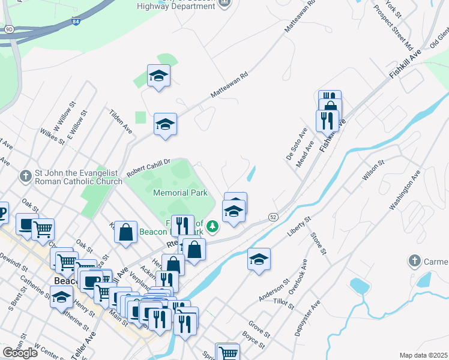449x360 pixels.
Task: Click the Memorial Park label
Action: pos(180,193)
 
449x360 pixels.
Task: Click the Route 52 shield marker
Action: pos(273,216)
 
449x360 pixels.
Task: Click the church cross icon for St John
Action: pos(25,176)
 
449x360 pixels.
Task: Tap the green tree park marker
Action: pos(212,227)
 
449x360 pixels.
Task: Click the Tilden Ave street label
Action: pos(121,121)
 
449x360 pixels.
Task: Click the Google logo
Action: pos(20,353)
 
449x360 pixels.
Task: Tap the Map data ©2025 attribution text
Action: pos(424,355)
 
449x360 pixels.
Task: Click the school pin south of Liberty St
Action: pos(259,260)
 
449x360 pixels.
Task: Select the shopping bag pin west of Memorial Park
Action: pos(125,233)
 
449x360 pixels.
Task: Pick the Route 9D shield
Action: pos(8,28)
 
